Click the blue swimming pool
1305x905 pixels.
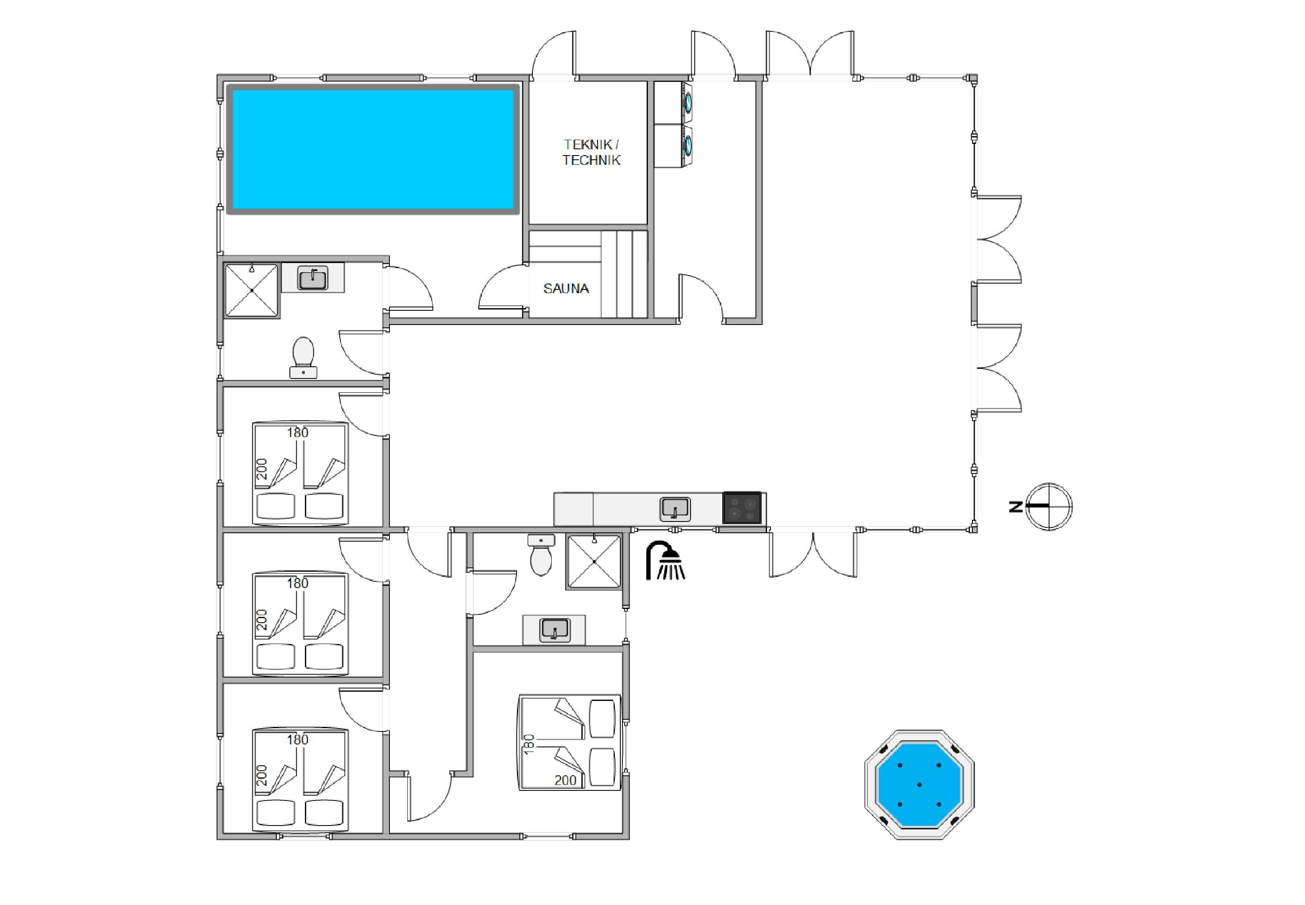coord(373,149)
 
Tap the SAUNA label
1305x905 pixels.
coord(565,289)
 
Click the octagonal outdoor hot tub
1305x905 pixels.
coord(919,785)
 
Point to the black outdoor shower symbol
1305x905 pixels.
coord(665,561)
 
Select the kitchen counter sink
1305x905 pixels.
coord(675,509)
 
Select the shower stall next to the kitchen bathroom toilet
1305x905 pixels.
coord(594,561)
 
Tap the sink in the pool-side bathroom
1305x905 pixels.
coord(313,278)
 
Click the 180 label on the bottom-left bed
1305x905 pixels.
coord(297,739)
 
